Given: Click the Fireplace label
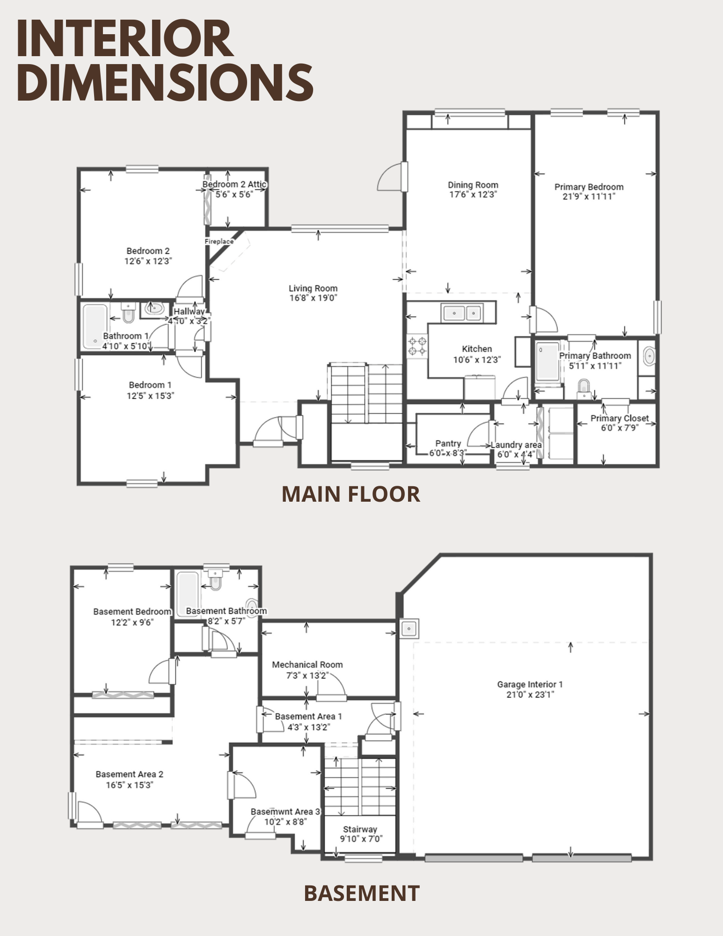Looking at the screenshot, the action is coord(219,241).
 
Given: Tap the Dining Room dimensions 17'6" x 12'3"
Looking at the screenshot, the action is coord(473,195).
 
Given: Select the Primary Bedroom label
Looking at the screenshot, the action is coord(589,187).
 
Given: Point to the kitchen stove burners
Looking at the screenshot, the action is coord(417,346).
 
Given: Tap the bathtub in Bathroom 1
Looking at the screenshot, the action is coord(95,327).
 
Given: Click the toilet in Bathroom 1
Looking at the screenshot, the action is coord(128,312).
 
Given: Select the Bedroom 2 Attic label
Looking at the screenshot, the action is coord(234,184).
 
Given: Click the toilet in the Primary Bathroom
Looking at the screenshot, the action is coord(584,389).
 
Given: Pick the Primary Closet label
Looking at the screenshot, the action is coord(620,418).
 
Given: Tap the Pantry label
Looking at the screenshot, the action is coord(448,443).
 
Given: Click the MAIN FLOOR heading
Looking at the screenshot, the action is coord(351,494).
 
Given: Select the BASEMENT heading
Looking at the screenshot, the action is coord(362,893).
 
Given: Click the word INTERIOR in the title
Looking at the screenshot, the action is coord(125,39).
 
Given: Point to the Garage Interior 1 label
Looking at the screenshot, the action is coord(530,684).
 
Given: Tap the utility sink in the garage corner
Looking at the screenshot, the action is coord(409,628).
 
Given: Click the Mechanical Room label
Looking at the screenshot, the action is coord(307,665).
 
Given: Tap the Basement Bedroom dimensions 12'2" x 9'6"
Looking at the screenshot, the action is coord(132,622).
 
